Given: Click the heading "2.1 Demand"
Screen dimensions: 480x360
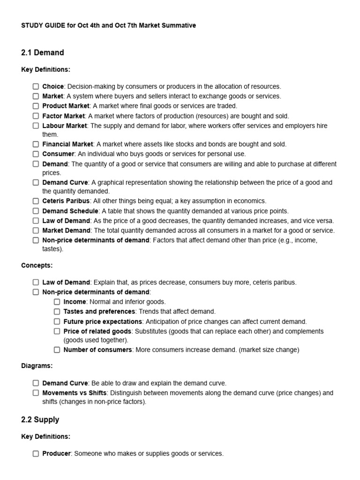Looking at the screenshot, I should coord(42,52).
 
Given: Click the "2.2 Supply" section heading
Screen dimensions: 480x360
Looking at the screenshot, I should coord(40,420).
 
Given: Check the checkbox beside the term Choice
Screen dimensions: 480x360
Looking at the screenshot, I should coord(36,86).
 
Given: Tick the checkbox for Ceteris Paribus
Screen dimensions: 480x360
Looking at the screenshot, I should coord(36,201).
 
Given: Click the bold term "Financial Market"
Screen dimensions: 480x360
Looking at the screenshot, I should coord(68,144).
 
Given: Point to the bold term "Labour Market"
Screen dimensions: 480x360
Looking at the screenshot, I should coord(65,126).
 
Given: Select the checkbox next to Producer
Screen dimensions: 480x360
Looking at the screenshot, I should coord(36,453).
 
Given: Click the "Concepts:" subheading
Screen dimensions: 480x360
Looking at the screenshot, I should coord(37,265).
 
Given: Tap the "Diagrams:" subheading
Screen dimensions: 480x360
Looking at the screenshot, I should coord(37,366).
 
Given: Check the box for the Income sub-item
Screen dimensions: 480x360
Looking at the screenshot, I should coord(57,302).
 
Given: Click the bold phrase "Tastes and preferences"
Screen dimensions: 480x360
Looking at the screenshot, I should coord(99,311).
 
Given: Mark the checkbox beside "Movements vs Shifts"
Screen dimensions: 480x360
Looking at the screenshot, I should coord(36,393).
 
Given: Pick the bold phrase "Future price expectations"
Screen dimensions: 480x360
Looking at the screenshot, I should coord(103,322).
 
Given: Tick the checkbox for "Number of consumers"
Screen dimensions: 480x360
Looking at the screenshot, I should coord(57,350).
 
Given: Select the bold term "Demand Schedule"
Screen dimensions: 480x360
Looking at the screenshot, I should coord(70,211).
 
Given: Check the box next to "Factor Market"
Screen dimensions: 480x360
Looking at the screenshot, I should coord(36,116).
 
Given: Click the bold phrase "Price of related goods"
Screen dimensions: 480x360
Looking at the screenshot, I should coord(97,331).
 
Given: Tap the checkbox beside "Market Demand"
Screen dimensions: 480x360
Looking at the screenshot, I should coord(36,230).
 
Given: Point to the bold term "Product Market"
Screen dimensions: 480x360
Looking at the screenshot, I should coord(66,106).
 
